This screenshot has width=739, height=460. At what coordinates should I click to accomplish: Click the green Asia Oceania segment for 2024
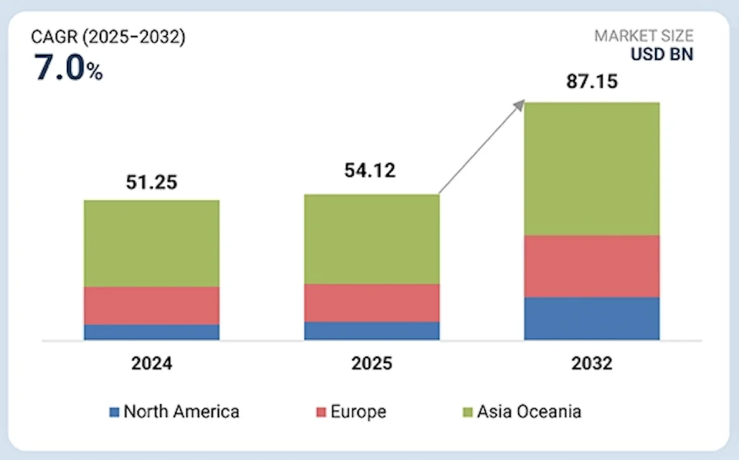coord(152,243)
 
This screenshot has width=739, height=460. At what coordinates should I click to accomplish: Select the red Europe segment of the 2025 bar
coord(372,303)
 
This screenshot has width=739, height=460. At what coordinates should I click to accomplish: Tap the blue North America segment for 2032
coord(592,319)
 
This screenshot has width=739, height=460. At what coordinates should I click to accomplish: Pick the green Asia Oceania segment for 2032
coord(592,169)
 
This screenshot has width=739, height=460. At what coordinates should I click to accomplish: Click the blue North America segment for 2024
coord(152,332)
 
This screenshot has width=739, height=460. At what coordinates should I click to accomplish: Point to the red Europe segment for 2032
coord(592,266)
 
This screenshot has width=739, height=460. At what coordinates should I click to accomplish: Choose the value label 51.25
coord(152,182)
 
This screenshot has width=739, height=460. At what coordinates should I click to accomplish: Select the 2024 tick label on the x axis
coord(152,364)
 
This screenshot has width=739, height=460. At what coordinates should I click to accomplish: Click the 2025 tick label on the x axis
coord(372,364)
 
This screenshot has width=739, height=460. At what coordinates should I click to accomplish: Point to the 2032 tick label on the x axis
coord(591,364)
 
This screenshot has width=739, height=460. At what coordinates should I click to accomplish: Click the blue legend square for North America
coord(114,412)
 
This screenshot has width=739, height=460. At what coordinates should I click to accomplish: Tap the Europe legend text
coord(358,412)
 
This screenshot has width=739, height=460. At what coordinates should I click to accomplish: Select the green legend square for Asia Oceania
coord(468,412)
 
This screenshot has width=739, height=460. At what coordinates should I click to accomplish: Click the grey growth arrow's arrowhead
coord(521,104)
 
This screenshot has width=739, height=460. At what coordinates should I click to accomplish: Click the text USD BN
coord(662,55)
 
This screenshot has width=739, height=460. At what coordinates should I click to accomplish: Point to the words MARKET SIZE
coord(643,36)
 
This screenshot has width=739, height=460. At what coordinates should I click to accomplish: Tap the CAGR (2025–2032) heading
coord(108,37)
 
